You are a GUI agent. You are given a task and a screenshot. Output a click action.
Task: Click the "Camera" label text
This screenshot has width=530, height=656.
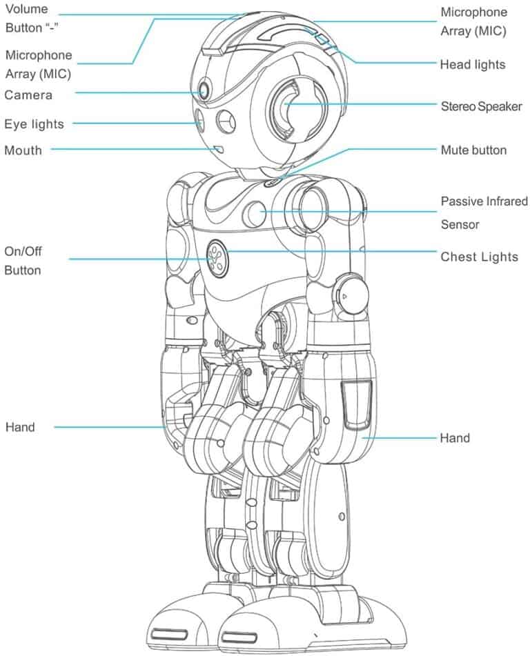pos(28,95)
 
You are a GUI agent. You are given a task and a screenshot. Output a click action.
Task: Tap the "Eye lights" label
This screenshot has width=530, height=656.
pos(34,124)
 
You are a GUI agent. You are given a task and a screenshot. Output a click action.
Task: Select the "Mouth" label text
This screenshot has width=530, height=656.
pos(23,150)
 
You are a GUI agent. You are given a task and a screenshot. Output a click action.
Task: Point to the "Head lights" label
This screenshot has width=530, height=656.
pos(473,65)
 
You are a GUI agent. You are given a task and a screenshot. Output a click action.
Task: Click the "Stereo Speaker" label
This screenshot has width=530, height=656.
pos(482,106)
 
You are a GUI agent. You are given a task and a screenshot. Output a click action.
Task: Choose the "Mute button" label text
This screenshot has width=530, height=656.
pos(473,150)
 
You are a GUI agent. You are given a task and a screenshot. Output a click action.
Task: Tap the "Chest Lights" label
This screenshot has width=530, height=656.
pos(479,257)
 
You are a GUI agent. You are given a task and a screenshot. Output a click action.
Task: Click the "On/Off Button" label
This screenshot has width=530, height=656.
pos(23,261)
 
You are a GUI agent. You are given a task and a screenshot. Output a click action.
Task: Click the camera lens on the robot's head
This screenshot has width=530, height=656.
pos(205,90)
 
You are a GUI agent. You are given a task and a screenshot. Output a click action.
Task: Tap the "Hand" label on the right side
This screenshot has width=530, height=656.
pos(455,438)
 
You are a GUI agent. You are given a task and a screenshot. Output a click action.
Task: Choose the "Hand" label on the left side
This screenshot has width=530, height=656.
pos(20,427)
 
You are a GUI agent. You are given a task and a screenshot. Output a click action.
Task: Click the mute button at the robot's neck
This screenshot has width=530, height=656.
pos(271,181)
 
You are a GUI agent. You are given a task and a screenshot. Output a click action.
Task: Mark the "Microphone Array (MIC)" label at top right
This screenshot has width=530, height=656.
pos(473,21)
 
